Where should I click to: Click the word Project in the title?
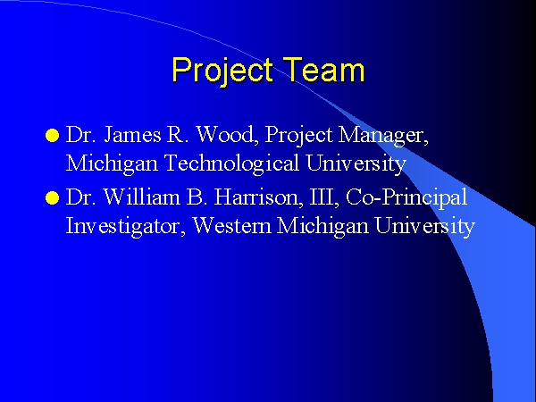click(x=222, y=71)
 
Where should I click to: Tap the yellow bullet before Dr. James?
click(x=52, y=136)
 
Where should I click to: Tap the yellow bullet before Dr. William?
click(x=52, y=198)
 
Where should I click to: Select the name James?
click(x=132, y=135)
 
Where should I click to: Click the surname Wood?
click(x=227, y=134)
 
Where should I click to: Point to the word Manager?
click(x=383, y=136)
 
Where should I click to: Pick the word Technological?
click(x=231, y=164)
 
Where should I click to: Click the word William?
click(x=141, y=197)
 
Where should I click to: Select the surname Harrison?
click(x=258, y=197)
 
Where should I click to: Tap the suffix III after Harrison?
click(x=324, y=197)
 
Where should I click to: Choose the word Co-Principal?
click(x=406, y=198)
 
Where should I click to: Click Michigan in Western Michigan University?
click(x=323, y=227)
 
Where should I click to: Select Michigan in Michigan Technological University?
click(x=112, y=164)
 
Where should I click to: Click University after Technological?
click(x=356, y=164)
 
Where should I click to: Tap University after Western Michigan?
click(x=425, y=227)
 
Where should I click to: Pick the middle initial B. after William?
click(x=197, y=197)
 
